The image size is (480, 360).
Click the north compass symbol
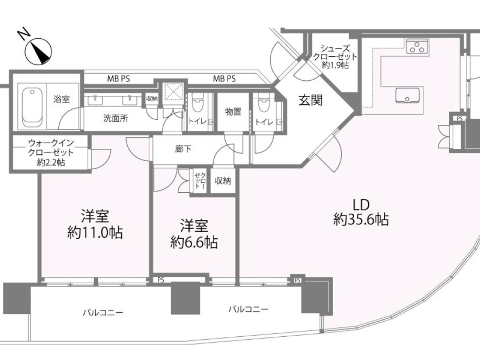pos(38,51)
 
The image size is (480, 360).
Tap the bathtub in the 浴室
pos(32,106)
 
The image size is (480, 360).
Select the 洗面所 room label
pos(116,118)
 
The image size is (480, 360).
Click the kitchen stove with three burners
pos(417,47)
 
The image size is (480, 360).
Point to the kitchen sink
pos(407,95)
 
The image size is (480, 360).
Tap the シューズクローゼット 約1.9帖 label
pos(335,57)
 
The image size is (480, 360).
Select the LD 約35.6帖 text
pos(361,213)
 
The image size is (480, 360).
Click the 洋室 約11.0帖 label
pos(95,225)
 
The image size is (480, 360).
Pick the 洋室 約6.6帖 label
pos(194,235)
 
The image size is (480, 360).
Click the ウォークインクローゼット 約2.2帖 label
pos(51,152)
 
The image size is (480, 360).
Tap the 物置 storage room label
pos(233,111)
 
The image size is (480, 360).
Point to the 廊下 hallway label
pos(183,149)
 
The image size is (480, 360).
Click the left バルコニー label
pos(103,313)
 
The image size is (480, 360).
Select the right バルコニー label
pos(249,310)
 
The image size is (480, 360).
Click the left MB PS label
pos(118,79)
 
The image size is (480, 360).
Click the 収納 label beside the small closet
pos(223,181)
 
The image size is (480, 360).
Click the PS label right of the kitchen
pos(460,119)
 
